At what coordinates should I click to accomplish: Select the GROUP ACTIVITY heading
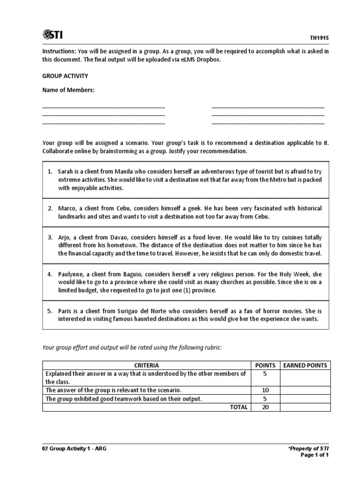(65, 75)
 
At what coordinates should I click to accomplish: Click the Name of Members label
(68, 90)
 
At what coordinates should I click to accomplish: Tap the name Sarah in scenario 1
(66, 172)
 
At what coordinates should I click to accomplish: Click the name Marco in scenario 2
(68, 208)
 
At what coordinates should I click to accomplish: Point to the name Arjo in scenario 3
(65, 237)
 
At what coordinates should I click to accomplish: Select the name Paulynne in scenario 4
(72, 273)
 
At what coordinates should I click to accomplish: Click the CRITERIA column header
(146, 365)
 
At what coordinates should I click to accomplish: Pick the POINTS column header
(265, 365)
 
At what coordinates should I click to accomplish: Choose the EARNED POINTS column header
(305, 365)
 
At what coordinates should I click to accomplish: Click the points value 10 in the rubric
(265, 390)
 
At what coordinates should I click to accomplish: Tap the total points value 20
(265, 407)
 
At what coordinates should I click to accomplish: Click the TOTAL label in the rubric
(238, 407)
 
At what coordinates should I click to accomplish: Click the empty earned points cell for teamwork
(305, 398)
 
